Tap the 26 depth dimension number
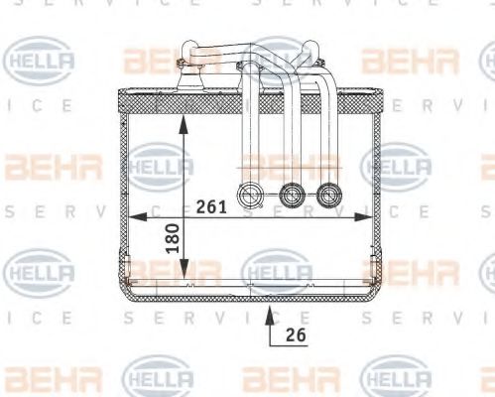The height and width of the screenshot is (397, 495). (295, 334)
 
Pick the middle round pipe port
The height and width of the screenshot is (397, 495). (291, 195)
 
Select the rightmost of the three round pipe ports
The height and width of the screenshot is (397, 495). (328, 195)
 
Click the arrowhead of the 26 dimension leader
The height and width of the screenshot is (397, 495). (269, 313)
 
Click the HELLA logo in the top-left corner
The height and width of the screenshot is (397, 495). (39, 61)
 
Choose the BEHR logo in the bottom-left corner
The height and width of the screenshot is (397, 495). (39, 378)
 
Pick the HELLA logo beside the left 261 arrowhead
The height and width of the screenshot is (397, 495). (159, 163)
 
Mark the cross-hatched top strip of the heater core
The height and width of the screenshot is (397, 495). (248, 98)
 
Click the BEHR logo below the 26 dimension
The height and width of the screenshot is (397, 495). (283, 378)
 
